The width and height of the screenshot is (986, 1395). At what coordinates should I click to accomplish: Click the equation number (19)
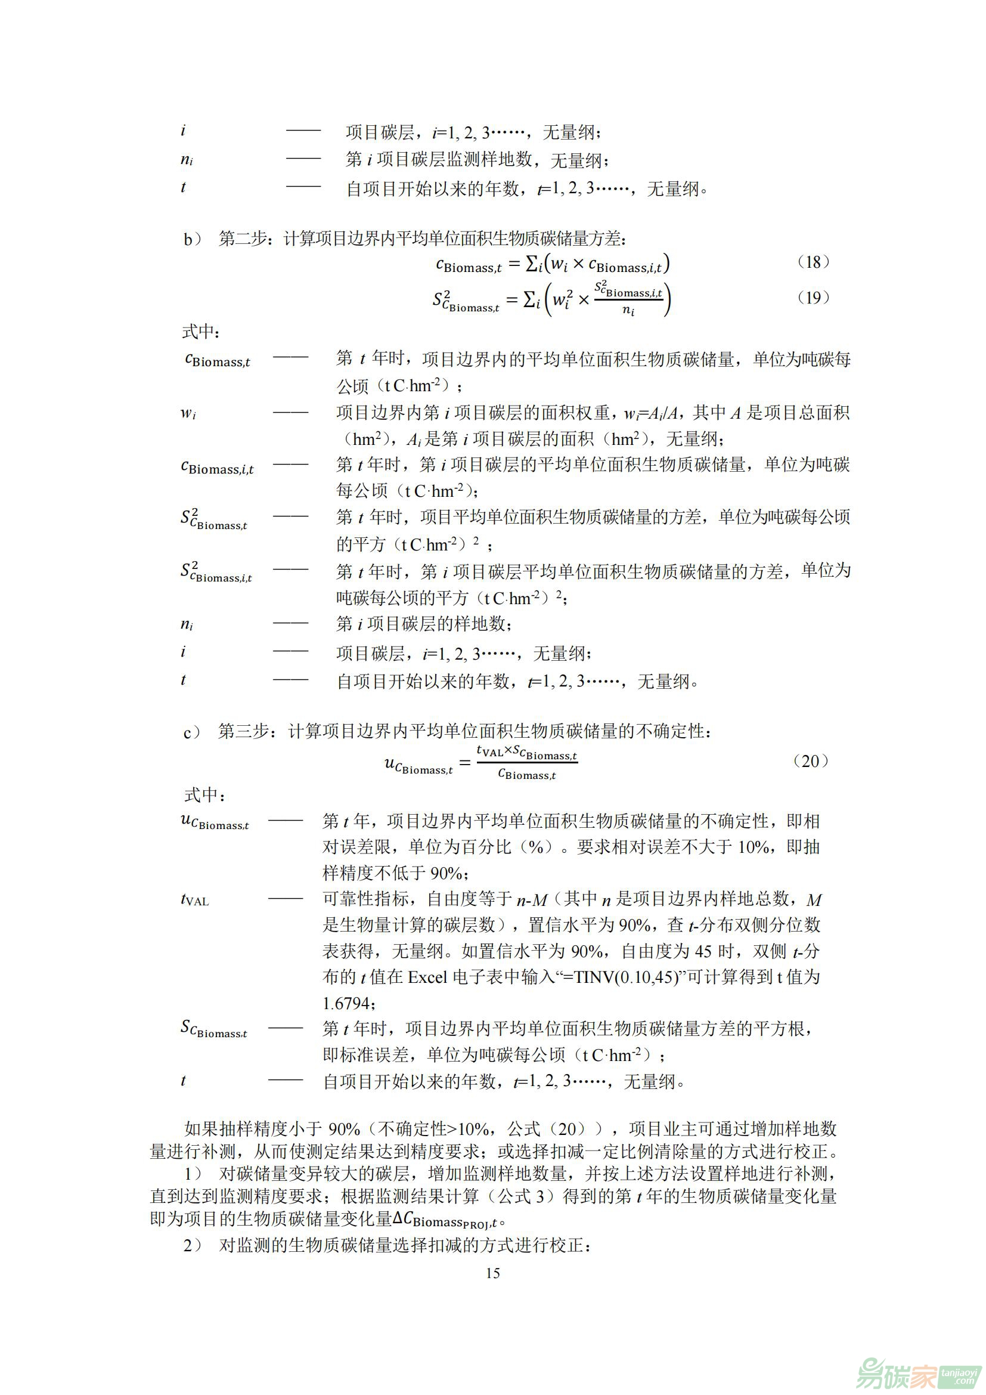coord(813,297)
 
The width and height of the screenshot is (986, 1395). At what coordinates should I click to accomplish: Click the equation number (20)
coord(811,760)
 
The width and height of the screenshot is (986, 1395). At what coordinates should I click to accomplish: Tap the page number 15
coord(492,1273)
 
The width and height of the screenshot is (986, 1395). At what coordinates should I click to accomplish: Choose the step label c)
coord(191,733)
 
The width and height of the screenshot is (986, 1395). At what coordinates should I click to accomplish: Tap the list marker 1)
coord(193,1173)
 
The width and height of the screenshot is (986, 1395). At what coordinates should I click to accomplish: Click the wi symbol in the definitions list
coord(188,414)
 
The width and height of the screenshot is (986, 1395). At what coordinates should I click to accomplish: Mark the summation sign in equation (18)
coord(532,264)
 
